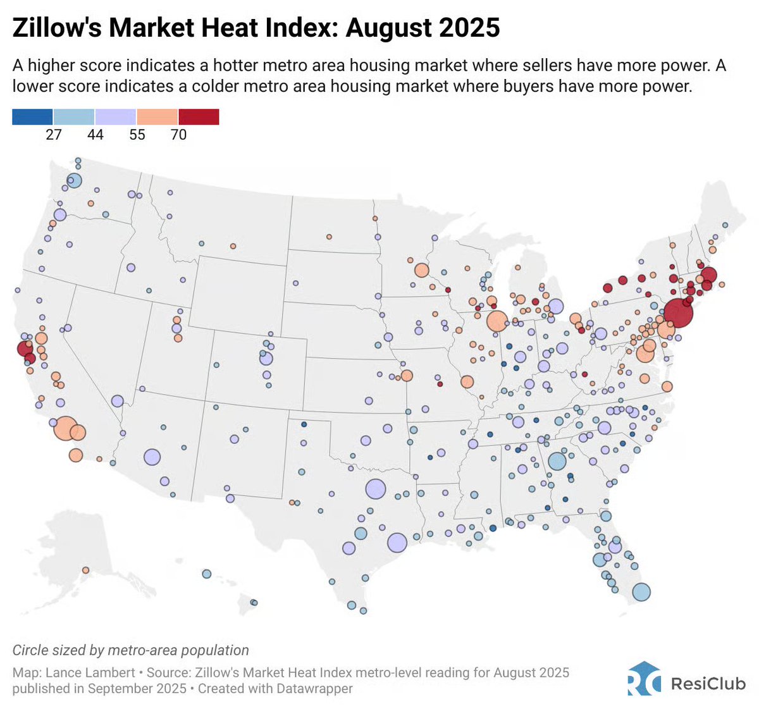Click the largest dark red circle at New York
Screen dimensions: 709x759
pyautogui.click(x=677, y=312)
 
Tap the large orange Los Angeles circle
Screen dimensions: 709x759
pyautogui.click(x=65, y=428)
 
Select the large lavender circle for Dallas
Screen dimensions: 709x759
pyautogui.click(x=375, y=489)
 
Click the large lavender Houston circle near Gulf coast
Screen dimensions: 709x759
pyautogui.click(x=397, y=543)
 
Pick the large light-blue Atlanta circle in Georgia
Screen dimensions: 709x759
pyautogui.click(x=557, y=461)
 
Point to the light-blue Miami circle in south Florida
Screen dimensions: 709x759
pyautogui.click(x=641, y=592)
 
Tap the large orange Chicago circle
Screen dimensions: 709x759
pyautogui.click(x=497, y=321)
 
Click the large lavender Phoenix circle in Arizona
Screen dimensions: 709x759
pyautogui.click(x=152, y=457)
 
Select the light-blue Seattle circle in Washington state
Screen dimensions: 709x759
pyautogui.click(x=74, y=181)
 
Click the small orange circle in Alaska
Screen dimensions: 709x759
pyautogui.click(x=85, y=570)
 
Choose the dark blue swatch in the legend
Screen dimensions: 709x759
pyautogui.click(x=32, y=116)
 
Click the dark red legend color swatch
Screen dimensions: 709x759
pyautogui.click(x=199, y=116)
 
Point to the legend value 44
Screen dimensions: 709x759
pyautogui.click(x=95, y=135)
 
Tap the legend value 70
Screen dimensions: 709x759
pyautogui.click(x=178, y=135)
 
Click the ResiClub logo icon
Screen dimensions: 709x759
pyautogui.click(x=644, y=679)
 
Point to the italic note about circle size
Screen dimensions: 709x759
pyautogui.click(x=130, y=650)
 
